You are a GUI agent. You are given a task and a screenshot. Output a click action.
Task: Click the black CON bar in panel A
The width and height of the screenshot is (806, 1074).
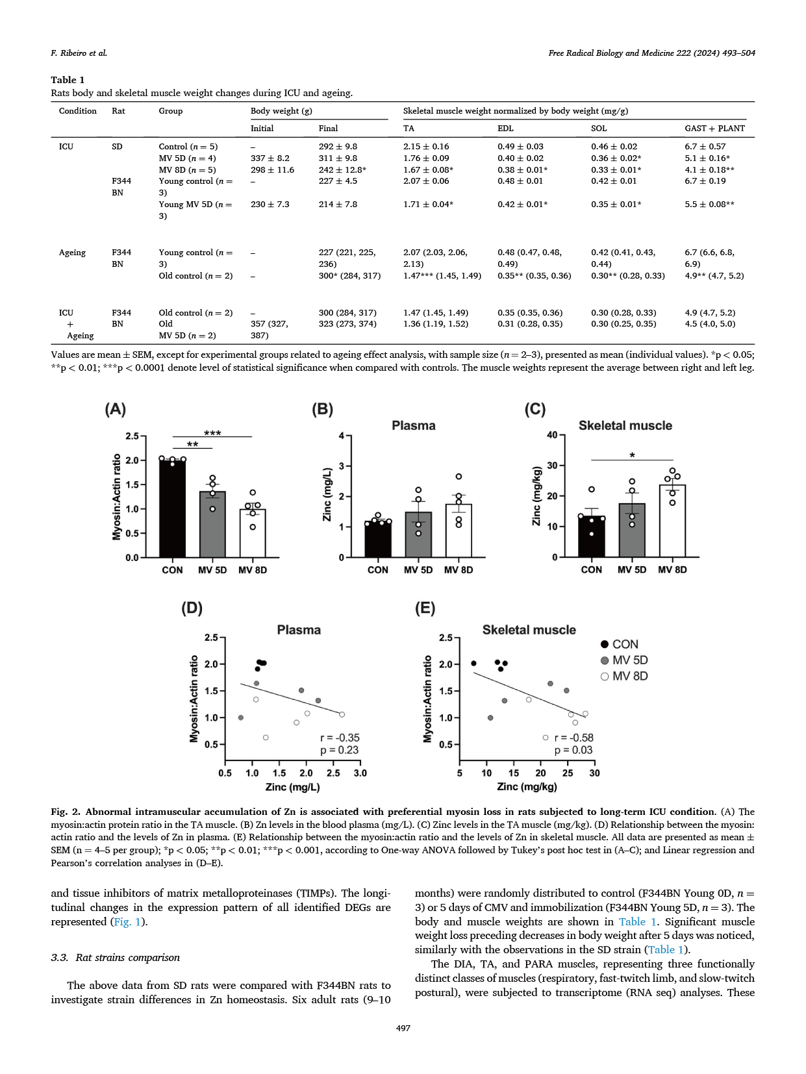tap(172, 510)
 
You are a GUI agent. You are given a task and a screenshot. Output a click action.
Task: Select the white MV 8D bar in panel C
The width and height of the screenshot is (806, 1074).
tap(672, 523)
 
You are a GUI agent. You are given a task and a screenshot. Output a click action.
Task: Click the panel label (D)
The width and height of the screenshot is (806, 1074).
tap(192, 608)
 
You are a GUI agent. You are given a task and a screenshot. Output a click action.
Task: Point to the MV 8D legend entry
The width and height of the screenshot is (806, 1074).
tap(624, 676)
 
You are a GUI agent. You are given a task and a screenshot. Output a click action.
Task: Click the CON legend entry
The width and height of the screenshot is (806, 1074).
tap(620, 644)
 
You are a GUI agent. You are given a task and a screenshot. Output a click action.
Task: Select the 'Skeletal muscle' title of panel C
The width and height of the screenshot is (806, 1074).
tap(625, 425)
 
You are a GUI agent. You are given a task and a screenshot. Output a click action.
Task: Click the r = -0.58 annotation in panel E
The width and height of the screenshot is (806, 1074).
tap(573, 738)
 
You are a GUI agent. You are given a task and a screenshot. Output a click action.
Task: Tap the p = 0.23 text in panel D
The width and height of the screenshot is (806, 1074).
tap(339, 750)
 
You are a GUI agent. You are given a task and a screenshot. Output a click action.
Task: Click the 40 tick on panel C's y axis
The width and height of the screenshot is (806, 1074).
tap(552, 435)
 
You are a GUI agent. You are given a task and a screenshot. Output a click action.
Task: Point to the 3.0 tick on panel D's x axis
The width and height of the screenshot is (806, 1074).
tap(360, 773)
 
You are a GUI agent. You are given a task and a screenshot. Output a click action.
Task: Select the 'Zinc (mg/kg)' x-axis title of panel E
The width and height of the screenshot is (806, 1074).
tap(527, 787)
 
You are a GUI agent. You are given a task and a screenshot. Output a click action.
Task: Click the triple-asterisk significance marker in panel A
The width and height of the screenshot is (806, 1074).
tap(212, 433)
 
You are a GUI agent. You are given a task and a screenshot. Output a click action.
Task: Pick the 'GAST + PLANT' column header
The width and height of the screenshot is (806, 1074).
tap(714, 129)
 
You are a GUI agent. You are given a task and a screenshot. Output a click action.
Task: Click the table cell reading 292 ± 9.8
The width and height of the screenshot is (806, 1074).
tap(338, 147)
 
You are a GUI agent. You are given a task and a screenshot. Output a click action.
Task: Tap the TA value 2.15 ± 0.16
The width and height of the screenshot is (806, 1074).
tap(426, 147)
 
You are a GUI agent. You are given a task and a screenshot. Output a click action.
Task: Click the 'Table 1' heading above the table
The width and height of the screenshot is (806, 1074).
tap(68, 80)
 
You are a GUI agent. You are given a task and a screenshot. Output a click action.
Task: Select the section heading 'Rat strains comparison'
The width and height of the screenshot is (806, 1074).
tap(115, 958)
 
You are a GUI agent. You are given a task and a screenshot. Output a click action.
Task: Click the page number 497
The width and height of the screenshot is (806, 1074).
tap(403, 1028)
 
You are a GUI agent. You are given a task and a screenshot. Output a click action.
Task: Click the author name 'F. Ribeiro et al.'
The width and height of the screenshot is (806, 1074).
tap(79, 53)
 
